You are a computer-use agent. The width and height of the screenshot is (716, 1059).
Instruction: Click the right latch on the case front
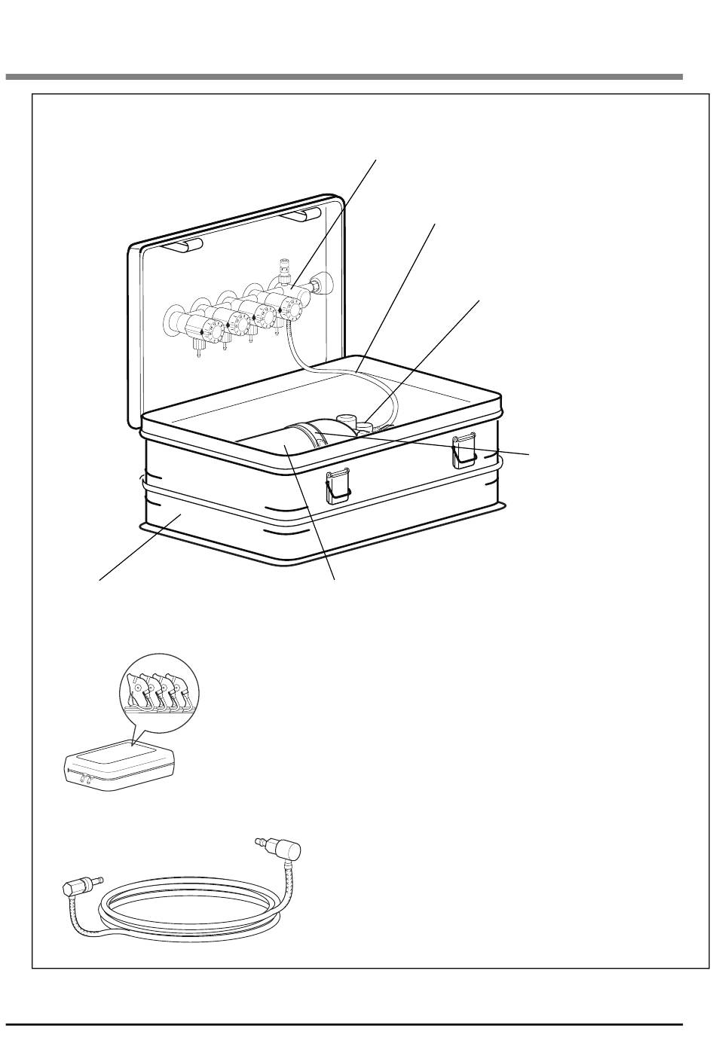coord(462,450)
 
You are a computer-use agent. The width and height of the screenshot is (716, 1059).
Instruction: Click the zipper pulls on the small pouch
coord(85,780)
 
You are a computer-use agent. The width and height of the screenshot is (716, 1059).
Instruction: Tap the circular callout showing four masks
coord(163,688)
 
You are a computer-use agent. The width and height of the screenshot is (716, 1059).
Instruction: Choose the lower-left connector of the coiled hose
coord(78,886)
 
